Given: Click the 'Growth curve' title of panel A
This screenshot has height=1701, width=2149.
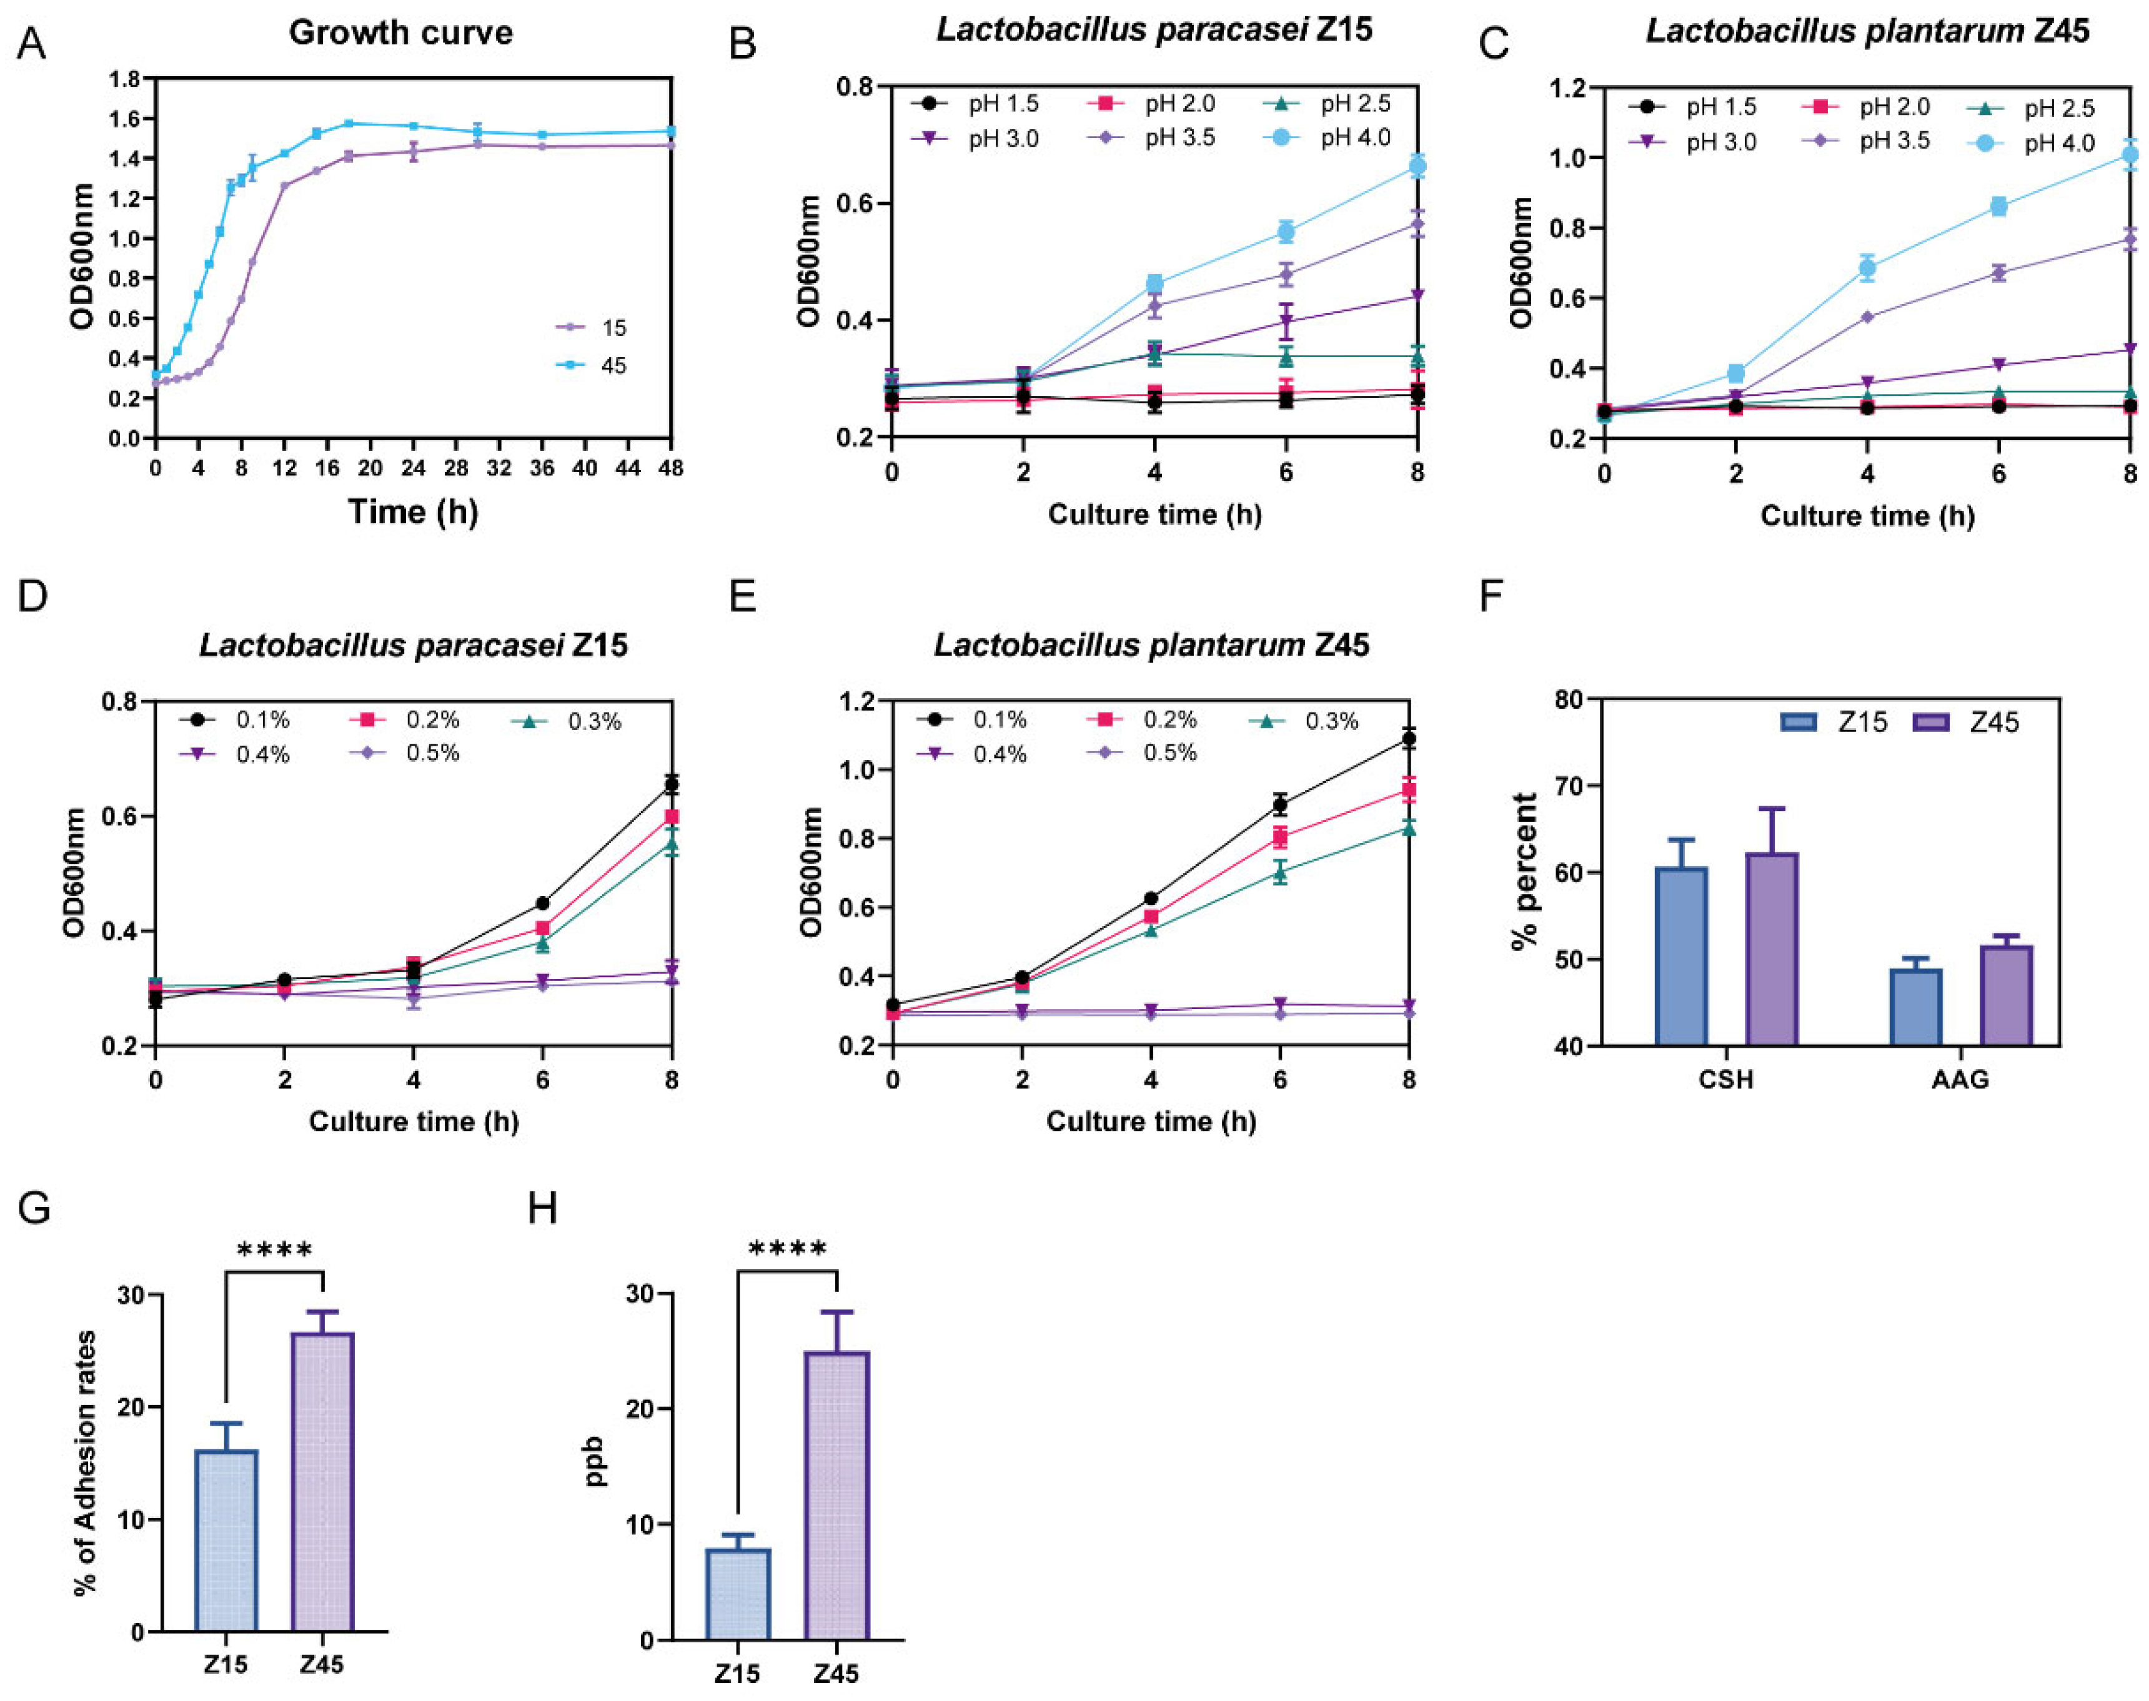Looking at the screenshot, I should pyautogui.click(x=400, y=33).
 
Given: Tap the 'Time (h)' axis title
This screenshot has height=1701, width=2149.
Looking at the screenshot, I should pyautogui.click(x=412, y=512).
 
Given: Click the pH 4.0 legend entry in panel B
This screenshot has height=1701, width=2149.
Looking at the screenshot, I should pyautogui.click(x=1335, y=137).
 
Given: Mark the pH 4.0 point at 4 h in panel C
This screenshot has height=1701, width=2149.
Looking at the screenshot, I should pyautogui.click(x=1867, y=267).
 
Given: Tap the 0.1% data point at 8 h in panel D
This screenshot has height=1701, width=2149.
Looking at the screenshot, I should pyautogui.click(x=672, y=785).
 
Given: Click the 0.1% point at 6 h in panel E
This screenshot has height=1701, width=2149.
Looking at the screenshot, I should pyautogui.click(x=1280, y=805).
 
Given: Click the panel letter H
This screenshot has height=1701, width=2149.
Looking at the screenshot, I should pyautogui.click(x=542, y=1209).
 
